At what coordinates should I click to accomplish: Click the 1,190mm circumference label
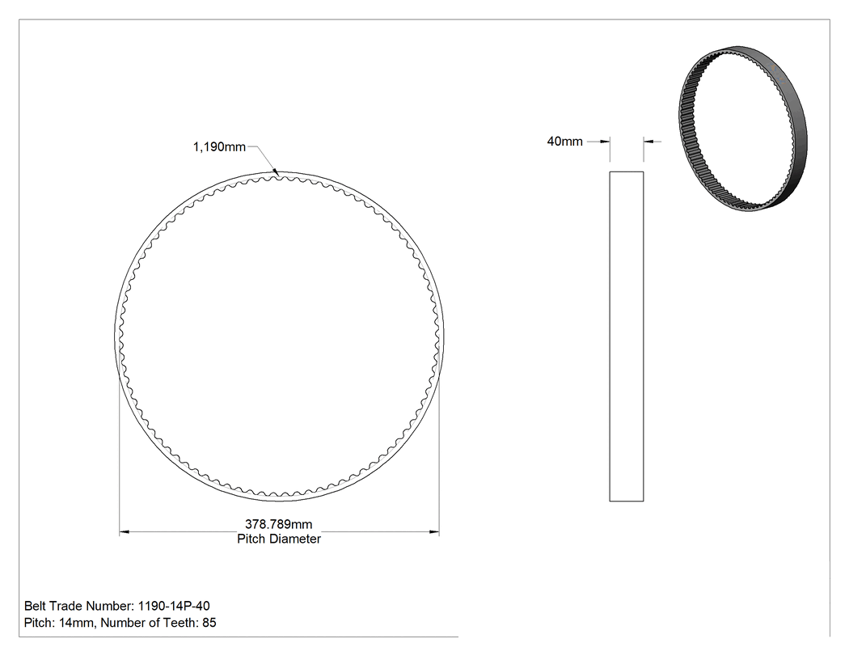(x=219, y=147)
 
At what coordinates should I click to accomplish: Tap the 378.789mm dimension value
(x=279, y=524)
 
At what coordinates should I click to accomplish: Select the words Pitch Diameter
(x=279, y=539)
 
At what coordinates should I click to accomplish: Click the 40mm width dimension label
(x=564, y=142)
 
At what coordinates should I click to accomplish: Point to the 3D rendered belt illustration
(x=742, y=129)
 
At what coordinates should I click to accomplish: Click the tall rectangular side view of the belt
(x=627, y=336)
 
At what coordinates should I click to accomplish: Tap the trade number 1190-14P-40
(x=174, y=606)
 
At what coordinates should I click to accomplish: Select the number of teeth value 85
(x=209, y=623)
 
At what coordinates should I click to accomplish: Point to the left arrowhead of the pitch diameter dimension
(x=124, y=532)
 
